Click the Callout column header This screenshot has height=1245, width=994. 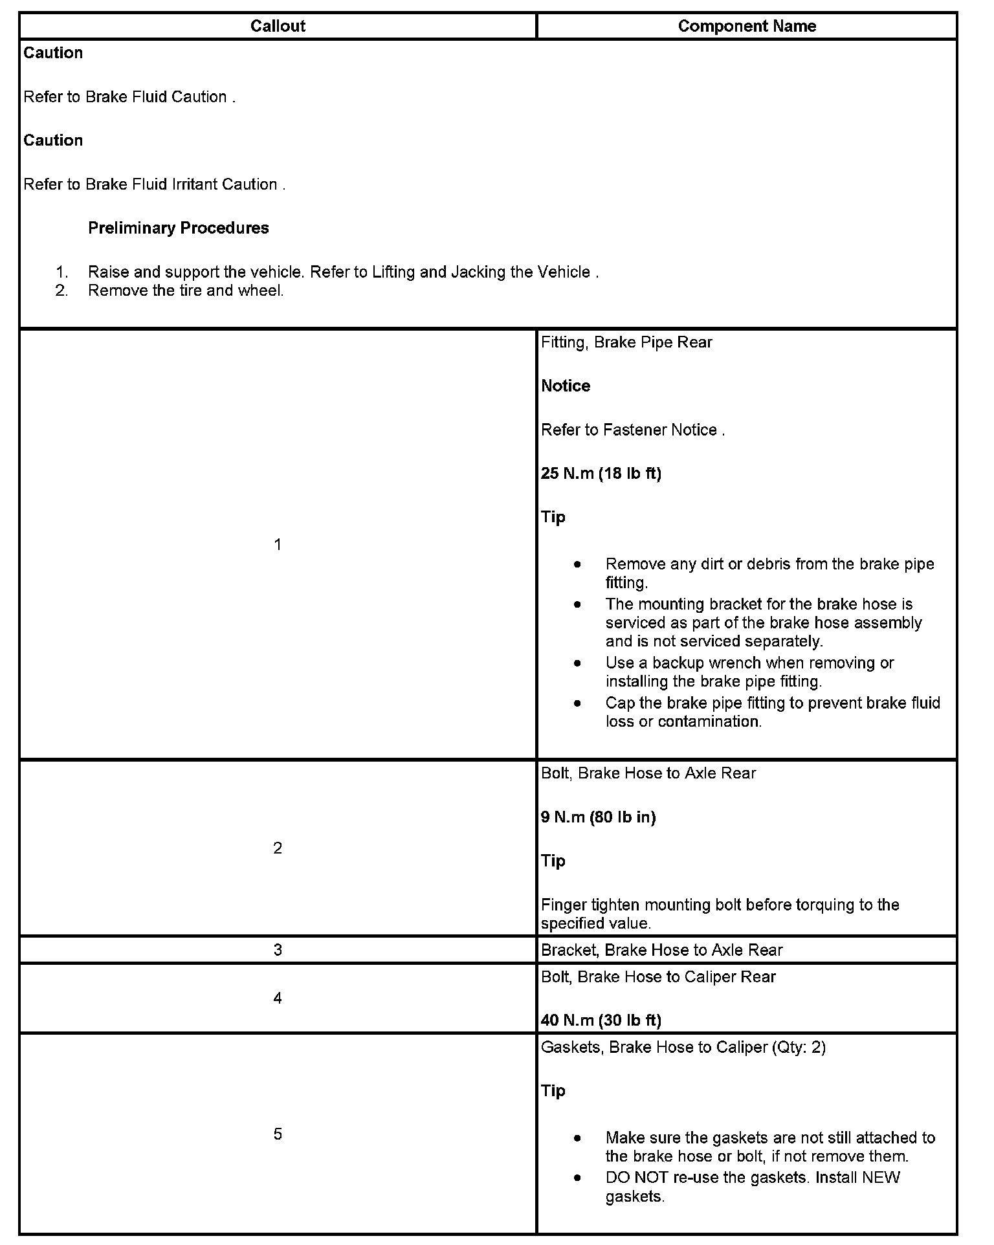(278, 26)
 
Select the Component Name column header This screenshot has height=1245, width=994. (747, 26)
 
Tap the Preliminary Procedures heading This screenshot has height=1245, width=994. (178, 228)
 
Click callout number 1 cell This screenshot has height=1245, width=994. (278, 545)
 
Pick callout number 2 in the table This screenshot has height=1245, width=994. (278, 848)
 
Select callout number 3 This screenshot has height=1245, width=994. (278, 950)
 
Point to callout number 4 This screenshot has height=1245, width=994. (278, 998)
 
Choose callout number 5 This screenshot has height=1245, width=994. (278, 1134)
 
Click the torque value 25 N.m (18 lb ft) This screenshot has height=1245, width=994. (601, 474)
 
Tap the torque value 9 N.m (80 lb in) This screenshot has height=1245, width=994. (598, 817)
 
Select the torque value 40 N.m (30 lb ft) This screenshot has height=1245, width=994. (601, 1020)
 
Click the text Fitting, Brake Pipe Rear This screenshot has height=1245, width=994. (626, 342)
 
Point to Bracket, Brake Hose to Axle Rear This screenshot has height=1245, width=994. (661, 950)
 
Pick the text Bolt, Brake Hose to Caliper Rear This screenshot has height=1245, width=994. (657, 976)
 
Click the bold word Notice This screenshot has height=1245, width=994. (566, 386)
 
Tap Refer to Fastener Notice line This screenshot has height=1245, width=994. (632, 430)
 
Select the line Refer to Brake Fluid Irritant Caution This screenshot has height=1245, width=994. (154, 184)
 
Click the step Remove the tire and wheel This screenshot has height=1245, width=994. (186, 291)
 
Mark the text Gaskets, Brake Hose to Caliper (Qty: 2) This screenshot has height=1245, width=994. (683, 1047)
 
